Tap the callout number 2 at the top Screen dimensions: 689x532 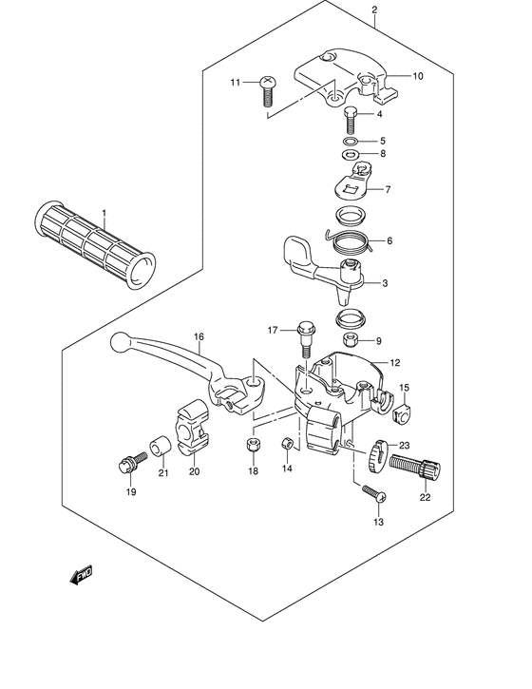point(374,11)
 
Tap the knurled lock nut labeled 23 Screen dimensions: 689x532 point(380,455)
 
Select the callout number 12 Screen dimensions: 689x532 point(394,362)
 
